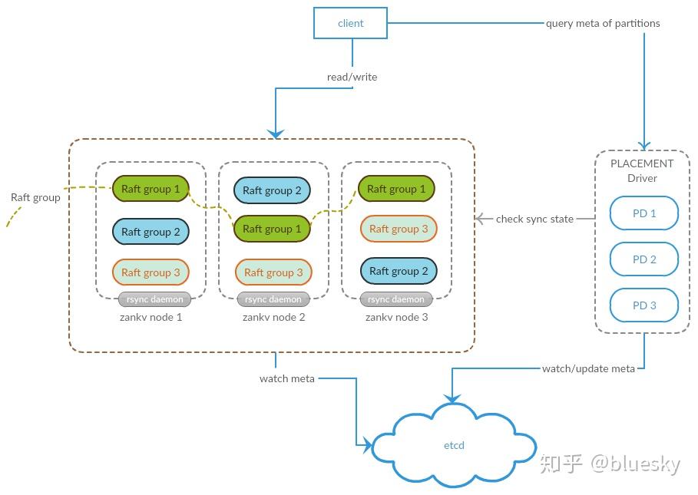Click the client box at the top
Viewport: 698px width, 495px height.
point(350,23)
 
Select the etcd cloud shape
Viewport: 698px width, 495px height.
point(454,445)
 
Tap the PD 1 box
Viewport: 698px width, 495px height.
point(643,213)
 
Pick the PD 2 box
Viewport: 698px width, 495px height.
point(643,259)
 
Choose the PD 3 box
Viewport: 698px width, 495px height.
point(643,305)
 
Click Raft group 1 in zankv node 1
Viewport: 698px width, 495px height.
point(151,189)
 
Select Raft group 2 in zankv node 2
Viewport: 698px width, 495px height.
point(272,190)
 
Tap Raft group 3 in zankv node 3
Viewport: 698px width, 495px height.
point(398,229)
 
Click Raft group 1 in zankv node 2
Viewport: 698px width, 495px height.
point(272,229)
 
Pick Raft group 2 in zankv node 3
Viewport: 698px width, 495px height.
point(398,271)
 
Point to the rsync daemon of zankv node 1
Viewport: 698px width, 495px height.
point(151,299)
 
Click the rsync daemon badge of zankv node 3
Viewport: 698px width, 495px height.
point(396,299)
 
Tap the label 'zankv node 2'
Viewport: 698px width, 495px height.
point(273,317)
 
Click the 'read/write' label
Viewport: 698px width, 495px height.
point(352,77)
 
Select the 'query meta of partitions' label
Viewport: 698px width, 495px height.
point(603,23)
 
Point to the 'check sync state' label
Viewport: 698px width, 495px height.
point(534,219)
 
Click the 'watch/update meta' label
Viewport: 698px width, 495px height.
point(588,368)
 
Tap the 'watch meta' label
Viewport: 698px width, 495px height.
point(287,378)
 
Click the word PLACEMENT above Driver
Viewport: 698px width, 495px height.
point(642,163)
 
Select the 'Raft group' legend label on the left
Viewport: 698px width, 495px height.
point(35,197)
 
